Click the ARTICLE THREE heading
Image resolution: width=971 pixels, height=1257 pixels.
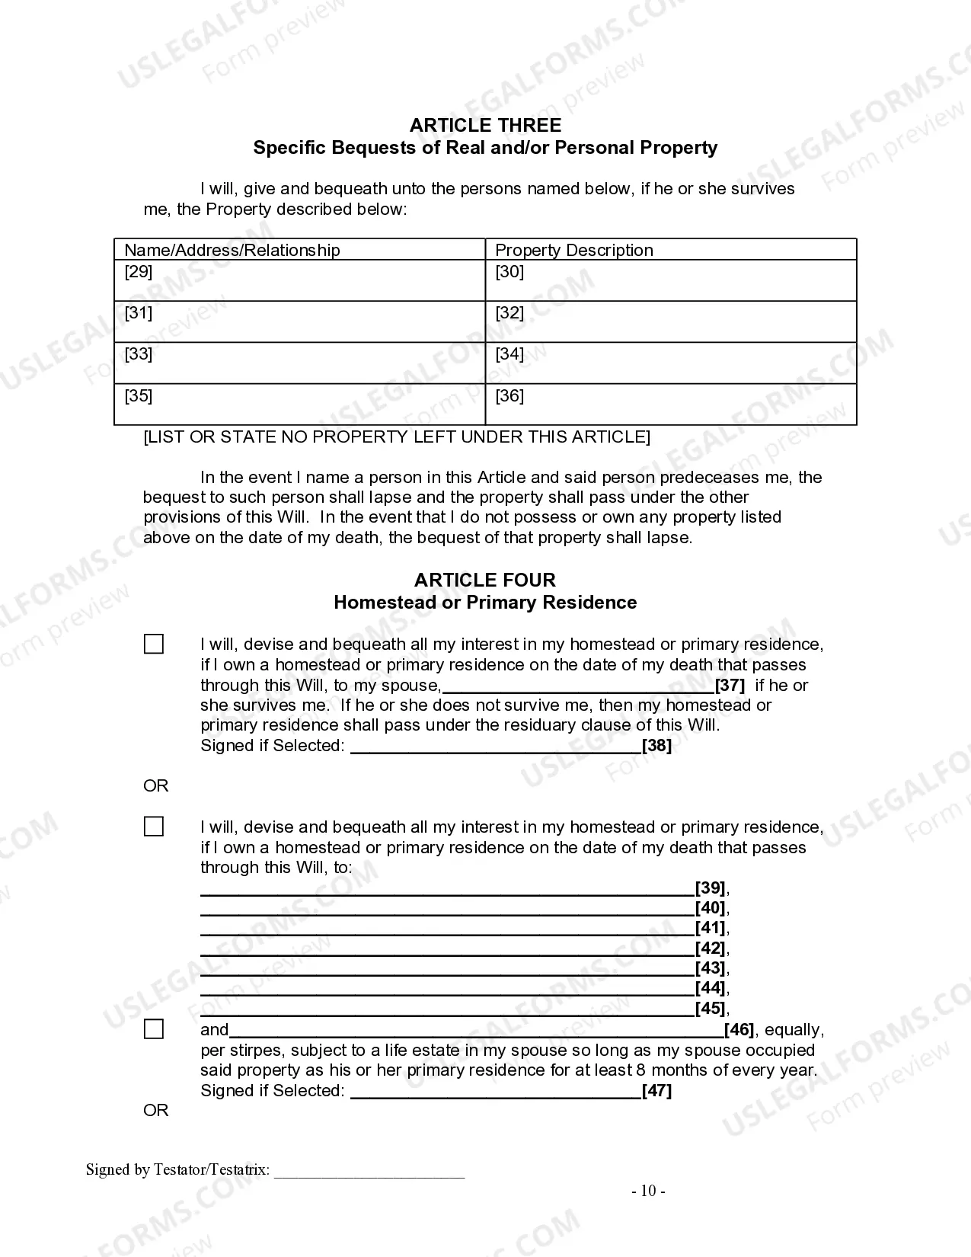point(485,126)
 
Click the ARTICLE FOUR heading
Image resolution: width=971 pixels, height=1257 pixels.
point(485,580)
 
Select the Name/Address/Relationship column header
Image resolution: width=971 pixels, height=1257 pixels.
point(232,250)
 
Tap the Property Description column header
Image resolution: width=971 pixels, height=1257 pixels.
point(573,250)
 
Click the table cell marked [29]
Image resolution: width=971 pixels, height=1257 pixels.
point(299,280)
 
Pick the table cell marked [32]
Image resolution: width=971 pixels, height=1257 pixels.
point(670,321)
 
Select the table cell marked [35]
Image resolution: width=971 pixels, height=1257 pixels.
point(299,404)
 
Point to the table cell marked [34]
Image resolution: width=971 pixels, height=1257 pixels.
point(670,363)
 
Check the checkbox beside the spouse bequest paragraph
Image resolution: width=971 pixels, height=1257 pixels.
point(154,644)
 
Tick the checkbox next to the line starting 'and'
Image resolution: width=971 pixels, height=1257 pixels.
point(154,1030)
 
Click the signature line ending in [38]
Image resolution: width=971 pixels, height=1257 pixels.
point(495,747)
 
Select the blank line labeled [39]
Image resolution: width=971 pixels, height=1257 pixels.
point(447,888)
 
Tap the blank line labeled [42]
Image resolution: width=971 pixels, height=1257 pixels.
point(447,949)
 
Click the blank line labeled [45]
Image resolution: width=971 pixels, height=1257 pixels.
point(447,1009)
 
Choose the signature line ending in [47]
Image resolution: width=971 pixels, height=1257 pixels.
point(495,1092)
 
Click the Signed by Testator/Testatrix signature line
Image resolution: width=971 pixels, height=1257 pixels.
point(369,1172)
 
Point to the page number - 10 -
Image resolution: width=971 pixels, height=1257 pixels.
point(648,1191)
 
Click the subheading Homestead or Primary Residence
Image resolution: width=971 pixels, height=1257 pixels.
point(485,603)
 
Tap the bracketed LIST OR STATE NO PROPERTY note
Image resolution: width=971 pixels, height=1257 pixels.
point(397,437)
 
